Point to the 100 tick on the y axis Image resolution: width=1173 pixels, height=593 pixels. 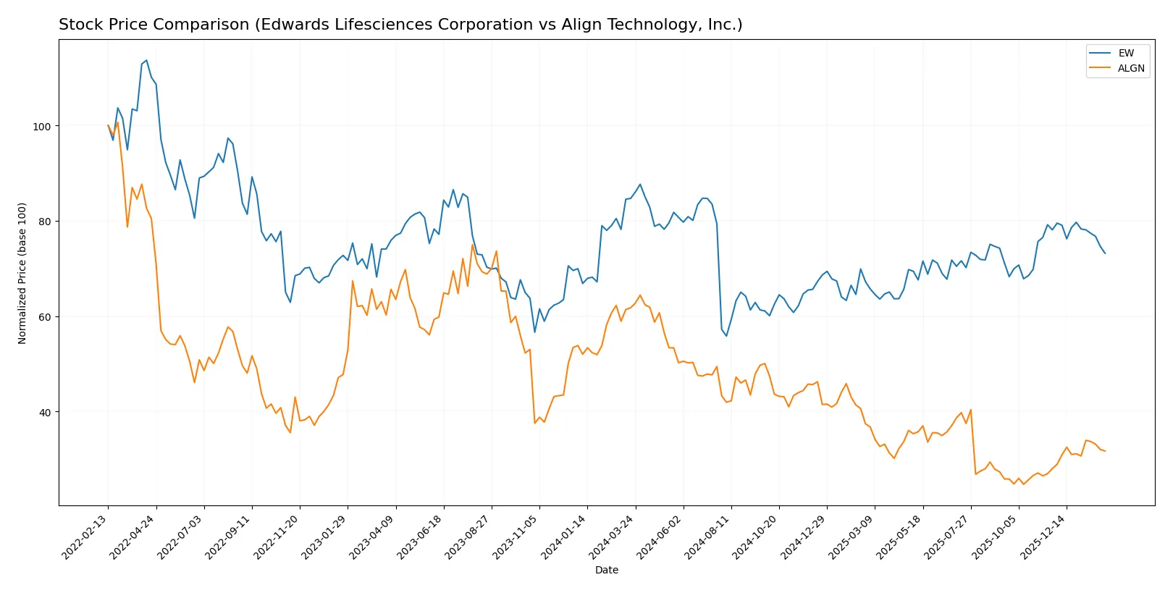pos(42,126)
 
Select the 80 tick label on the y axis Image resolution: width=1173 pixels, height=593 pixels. pos(44,222)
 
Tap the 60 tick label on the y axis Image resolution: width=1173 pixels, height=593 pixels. pos(44,317)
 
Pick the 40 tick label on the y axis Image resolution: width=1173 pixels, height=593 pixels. pos(44,413)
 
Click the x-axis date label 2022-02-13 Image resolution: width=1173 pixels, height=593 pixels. pos(85,537)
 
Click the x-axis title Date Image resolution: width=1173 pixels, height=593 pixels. pos(606,570)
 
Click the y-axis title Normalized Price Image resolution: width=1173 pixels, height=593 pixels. pos(22,273)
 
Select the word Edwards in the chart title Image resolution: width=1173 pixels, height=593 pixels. pos(290,25)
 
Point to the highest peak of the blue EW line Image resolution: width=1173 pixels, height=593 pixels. pos(146,60)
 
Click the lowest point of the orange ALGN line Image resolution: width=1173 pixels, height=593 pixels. pos(1023,484)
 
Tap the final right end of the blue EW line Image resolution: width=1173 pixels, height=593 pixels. pos(1105,253)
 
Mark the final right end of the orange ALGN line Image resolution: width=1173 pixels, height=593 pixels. pos(1105,451)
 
